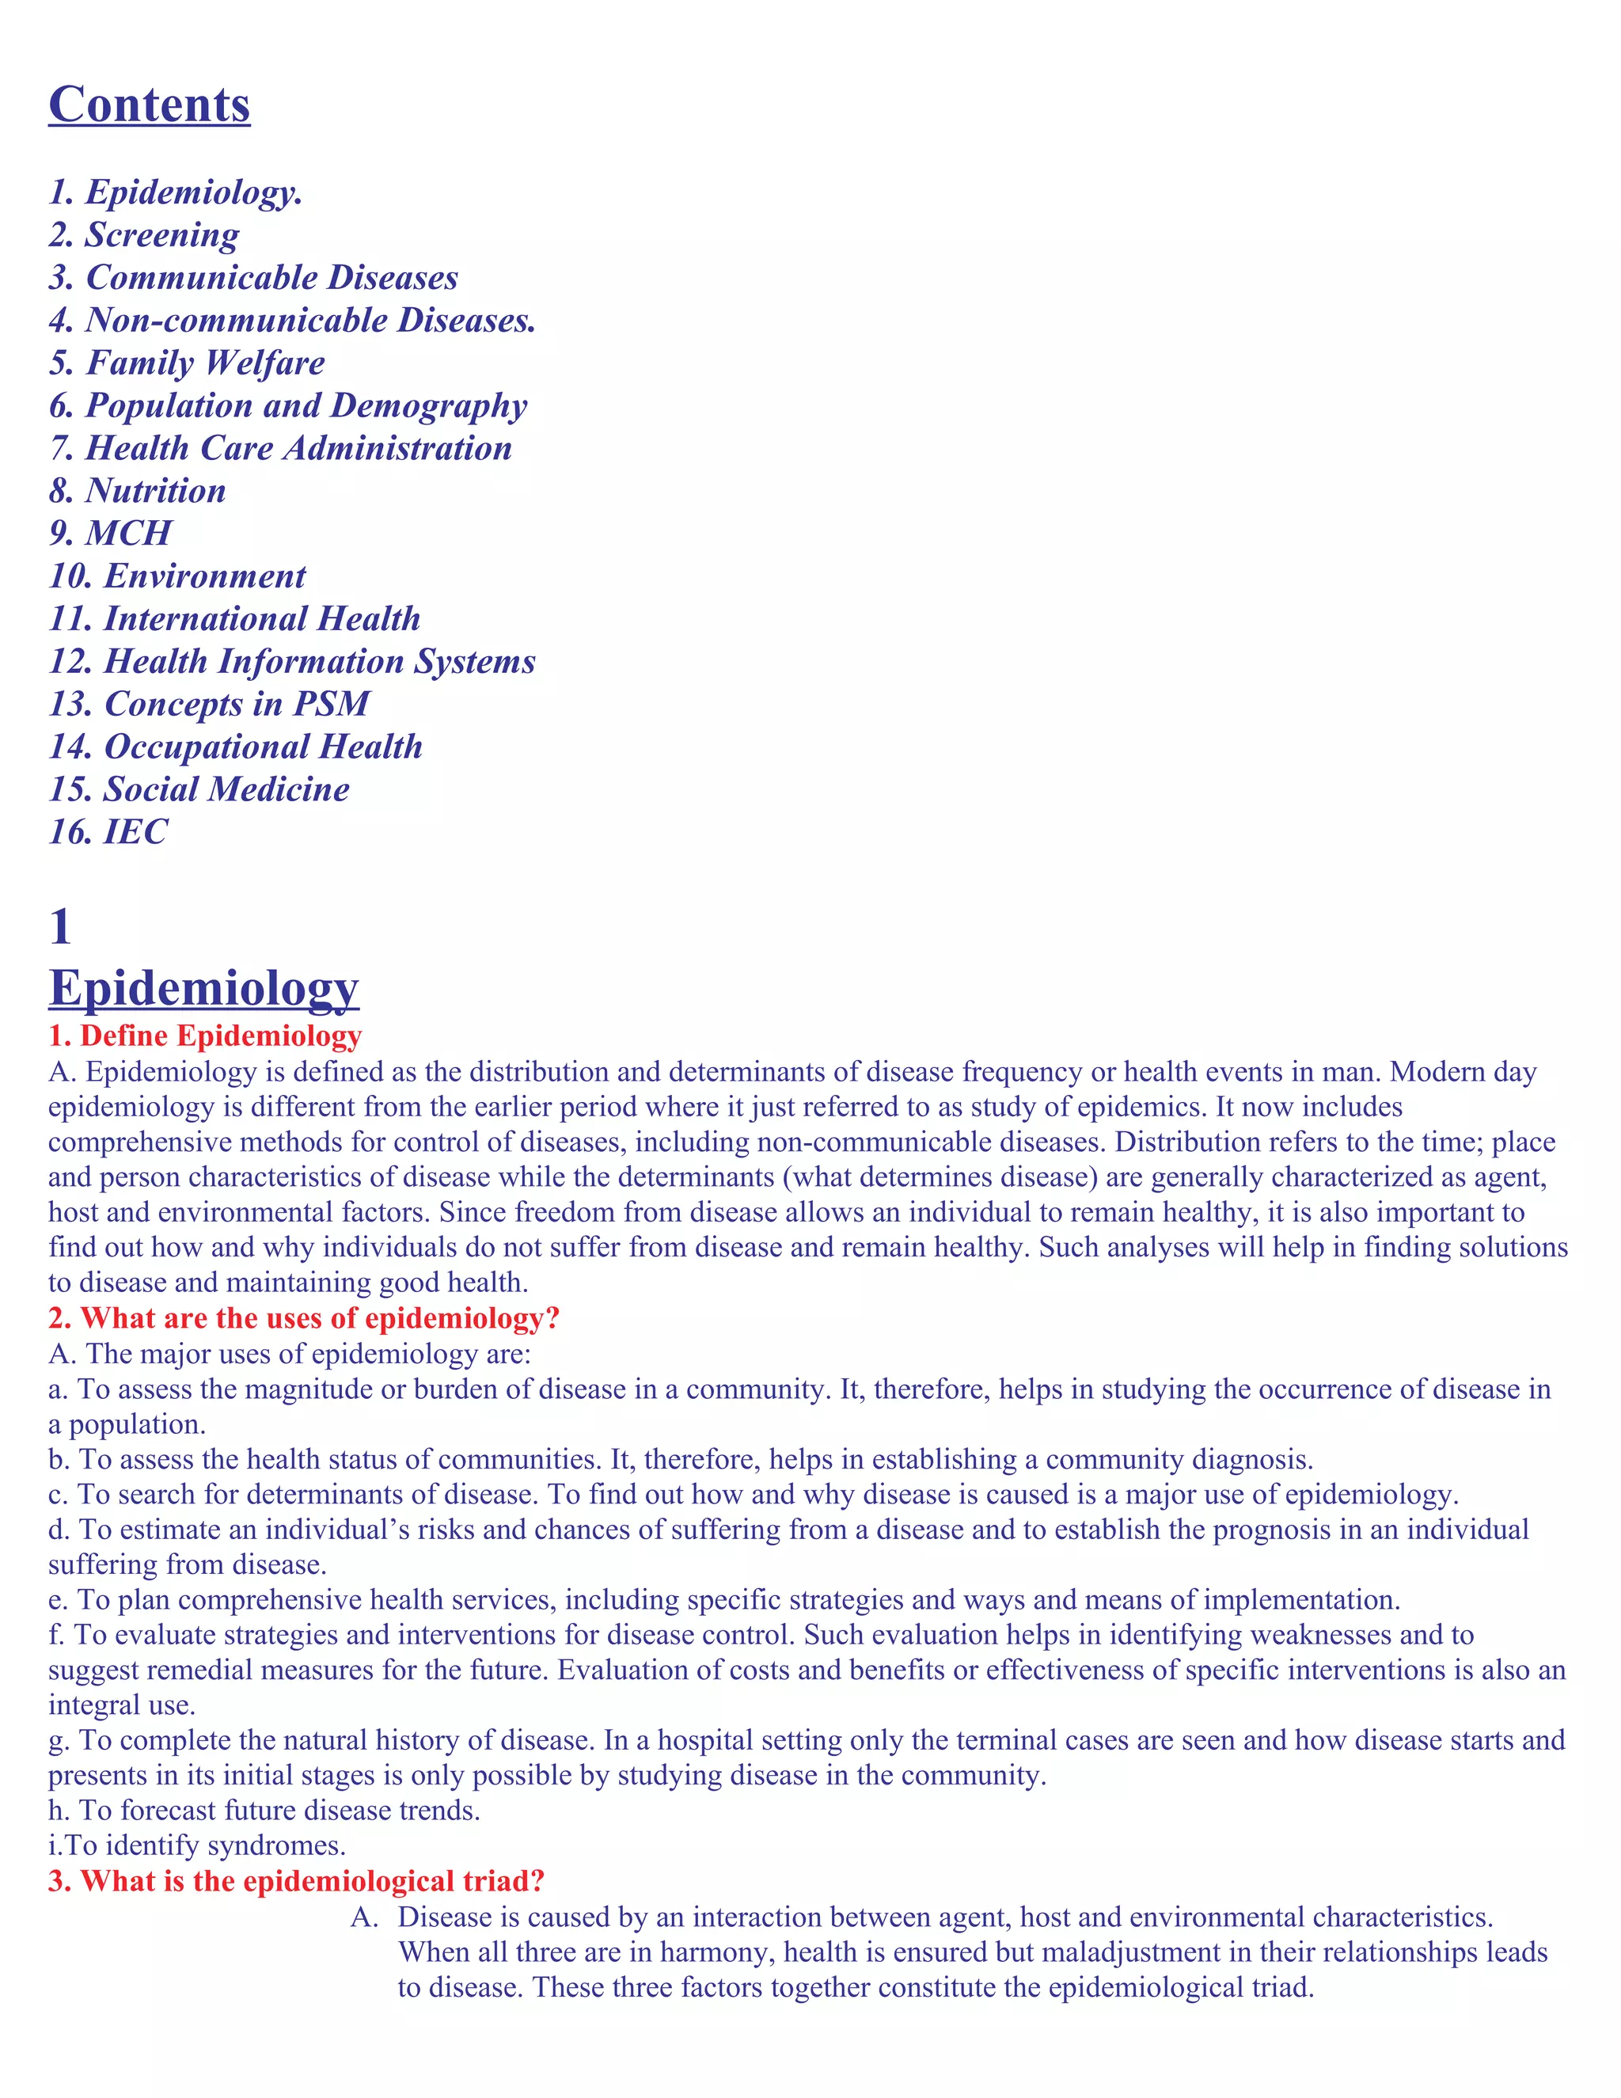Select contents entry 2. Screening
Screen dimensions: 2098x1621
[144, 234]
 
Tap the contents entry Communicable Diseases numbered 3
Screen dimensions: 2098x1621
[253, 278]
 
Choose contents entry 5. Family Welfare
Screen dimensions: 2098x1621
[188, 363]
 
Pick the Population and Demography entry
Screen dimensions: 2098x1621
[288, 405]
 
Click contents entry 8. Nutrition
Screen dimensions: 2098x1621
[137, 491]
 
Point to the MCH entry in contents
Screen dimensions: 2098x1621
[111, 533]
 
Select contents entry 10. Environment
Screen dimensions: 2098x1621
[177, 576]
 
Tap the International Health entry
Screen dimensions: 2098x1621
[234, 618]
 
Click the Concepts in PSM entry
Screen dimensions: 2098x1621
[209, 704]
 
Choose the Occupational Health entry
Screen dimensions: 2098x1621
[235, 747]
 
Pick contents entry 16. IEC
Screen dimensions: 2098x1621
[108, 832]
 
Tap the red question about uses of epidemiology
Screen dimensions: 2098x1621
[303, 1318]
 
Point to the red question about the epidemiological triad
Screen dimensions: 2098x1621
[297, 1881]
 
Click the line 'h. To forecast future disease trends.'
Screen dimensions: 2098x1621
[264, 1811]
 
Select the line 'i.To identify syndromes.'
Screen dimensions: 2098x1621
[197, 1845]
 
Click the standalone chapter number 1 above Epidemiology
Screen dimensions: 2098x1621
[59, 927]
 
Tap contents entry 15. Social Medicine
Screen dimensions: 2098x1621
[199, 789]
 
